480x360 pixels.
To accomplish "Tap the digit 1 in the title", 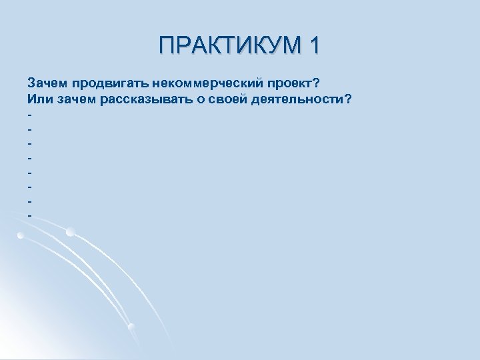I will coord(312,45).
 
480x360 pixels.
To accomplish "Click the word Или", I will coord(37,99).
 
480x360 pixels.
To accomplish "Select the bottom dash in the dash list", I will coord(30,215).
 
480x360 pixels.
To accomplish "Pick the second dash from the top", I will coord(30,129).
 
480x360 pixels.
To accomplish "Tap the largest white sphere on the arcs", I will coord(71,232).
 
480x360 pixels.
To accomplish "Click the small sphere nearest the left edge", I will coord(21,236).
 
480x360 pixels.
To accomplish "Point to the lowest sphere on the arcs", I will coord(131,326).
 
